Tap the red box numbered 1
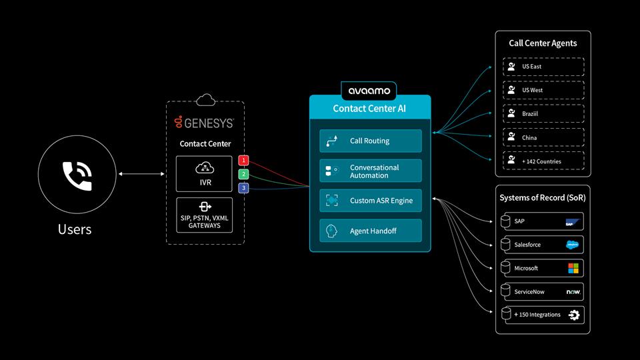coord(244,161)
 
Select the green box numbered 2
coord(244,175)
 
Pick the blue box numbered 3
coord(244,189)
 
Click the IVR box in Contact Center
coord(205,173)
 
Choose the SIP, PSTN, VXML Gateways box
coord(205,215)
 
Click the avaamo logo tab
coord(369,90)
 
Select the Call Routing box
coord(370,141)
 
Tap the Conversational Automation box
coord(370,171)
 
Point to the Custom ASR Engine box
coord(370,201)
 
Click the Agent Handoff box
coord(370,231)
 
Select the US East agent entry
coord(543,67)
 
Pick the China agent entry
coord(543,137)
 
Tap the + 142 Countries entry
coord(543,161)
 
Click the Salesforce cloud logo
coord(573,245)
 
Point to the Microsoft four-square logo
coord(573,268)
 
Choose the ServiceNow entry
coord(543,291)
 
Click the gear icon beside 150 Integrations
coord(573,315)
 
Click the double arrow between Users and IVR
coord(142,175)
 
